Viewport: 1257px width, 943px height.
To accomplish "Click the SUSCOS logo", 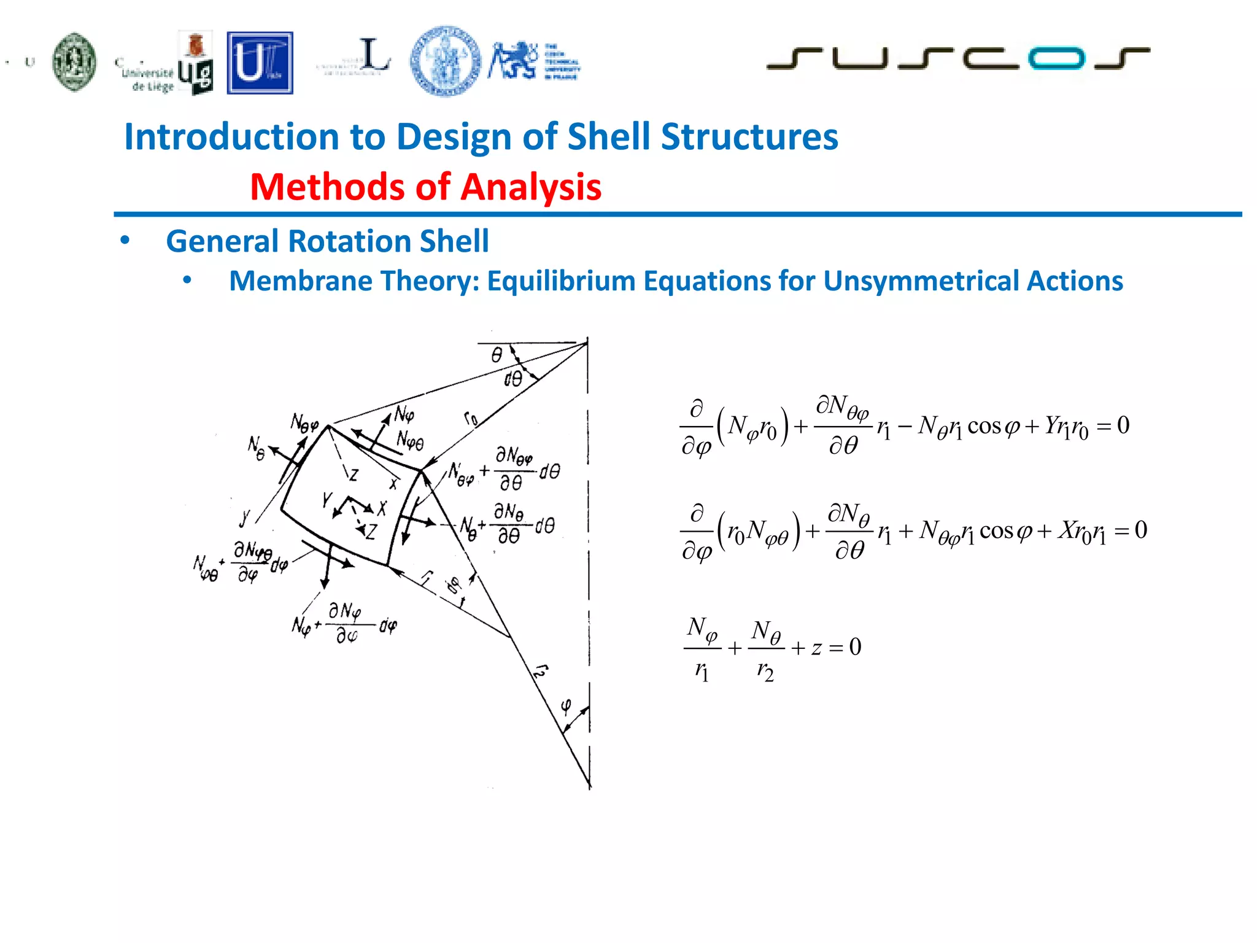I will point(957,58).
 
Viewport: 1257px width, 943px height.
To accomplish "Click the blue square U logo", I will point(260,63).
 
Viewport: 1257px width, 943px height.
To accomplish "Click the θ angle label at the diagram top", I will point(497,354).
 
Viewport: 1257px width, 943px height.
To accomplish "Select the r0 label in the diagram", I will point(471,419).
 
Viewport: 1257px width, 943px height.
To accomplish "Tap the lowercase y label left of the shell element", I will point(245,517).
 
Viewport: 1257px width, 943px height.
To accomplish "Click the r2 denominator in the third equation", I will point(765,671).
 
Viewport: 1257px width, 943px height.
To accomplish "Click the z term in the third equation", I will point(816,648).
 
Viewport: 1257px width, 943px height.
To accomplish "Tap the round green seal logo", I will point(74,62).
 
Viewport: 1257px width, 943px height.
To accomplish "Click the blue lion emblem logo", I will point(512,61).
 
